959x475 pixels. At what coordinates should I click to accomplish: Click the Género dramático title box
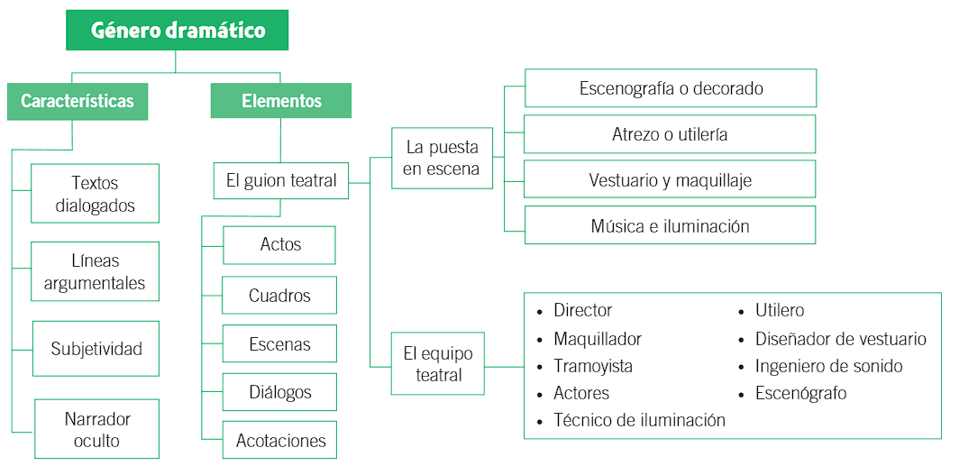[177, 31]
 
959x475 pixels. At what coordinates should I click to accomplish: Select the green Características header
[78, 101]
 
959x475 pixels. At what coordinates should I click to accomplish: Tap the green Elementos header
[281, 101]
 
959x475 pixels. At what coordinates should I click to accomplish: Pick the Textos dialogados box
[95, 194]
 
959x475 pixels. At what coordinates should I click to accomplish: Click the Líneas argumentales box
[95, 271]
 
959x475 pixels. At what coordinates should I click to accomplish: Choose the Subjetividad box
[96, 349]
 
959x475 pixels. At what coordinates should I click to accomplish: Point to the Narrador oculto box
[97, 429]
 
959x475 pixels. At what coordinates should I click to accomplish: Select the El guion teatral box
[280, 180]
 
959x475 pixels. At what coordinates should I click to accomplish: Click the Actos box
[279, 244]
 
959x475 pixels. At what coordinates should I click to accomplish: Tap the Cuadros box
[279, 296]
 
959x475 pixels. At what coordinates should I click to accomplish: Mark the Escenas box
[279, 344]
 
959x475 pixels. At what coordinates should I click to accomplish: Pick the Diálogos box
[279, 392]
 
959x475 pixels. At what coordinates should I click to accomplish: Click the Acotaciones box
[279, 441]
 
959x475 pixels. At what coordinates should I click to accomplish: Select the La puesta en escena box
[442, 158]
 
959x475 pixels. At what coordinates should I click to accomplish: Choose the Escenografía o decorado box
[671, 88]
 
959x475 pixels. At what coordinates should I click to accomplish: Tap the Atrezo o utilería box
[671, 134]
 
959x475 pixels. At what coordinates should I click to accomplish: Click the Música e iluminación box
[671, 225]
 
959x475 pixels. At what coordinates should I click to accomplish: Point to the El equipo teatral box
[438, 364]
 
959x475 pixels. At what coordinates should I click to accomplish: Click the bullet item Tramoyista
[593, 366]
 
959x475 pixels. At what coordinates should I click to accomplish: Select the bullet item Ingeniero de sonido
[828, 366]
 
